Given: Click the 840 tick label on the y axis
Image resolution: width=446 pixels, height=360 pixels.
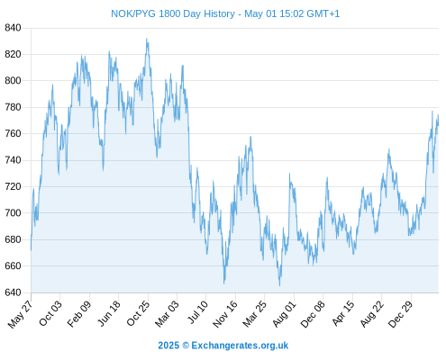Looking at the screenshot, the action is tap(13, 28).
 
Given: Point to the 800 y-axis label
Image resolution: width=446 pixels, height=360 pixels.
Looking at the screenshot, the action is tap(13, 81).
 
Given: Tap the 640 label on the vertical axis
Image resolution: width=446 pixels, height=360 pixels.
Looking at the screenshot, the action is tap(13, 292).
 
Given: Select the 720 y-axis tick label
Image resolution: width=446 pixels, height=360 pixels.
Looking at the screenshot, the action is tap(13, 186).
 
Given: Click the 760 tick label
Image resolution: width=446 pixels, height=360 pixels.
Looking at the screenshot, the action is tap(13, 133).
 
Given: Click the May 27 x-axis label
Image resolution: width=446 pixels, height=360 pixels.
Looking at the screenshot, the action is tap(21, 314).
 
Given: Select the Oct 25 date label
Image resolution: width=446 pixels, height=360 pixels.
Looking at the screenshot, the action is tap(138, 313).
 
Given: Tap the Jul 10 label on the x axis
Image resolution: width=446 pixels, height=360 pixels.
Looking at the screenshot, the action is tap(198, 311).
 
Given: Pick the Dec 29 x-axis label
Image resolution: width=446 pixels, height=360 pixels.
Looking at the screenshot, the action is tap(400, 313).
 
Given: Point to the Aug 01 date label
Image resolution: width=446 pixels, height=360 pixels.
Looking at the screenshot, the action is tap(284, 314).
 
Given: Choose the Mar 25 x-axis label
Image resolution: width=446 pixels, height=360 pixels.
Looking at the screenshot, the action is tap(255, 313).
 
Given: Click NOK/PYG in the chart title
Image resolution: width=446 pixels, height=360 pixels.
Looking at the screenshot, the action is tap(133, 13).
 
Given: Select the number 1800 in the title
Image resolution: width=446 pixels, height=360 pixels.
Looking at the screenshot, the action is tap(169, 13).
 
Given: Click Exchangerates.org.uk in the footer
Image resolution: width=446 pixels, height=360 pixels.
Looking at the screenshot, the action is tap(240, 346).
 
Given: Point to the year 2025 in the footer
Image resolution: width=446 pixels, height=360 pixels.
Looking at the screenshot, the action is tap(168, 346).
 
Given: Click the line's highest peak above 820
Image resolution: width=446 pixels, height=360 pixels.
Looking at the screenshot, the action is tap(147, 39).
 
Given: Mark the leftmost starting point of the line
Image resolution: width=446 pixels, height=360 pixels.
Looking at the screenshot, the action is tap(31, 249).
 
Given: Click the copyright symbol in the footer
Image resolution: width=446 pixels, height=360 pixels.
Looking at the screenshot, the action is tap(186, 346).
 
